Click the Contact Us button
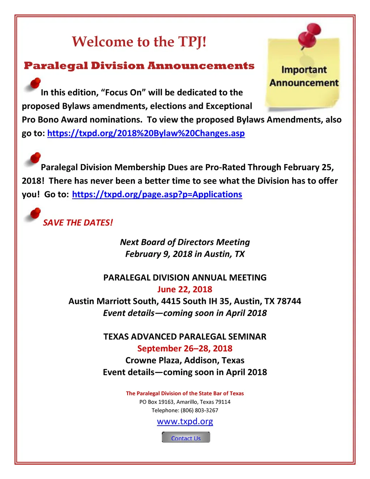pyautogui.click(x=186, y=438)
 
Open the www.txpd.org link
pyautogui.click(x=185, y=422)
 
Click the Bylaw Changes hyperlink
pyautogui.click(x=146, y=133)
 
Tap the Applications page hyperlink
pyautogui.click(x=157, y=194)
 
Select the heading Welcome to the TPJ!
pyautogui.click(x=139, y=42)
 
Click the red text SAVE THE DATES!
pyautogui.click(x=78, y=223)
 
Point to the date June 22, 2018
pyautogui.click(x=185, y=289)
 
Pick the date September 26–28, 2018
pyautogui.click(x=185, y=348)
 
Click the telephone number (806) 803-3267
pyautogui.click(x=199, y=410)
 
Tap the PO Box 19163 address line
pyautogui.click(x=185, y=402)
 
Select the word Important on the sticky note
pyautogui.click(x=304, y=69)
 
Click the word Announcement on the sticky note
pyautogui.click(x=304, y=83)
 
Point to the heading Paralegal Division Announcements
pyautogui.click(x=139, y=66)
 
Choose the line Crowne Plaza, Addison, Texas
pyautogui.click(x=185, y=360)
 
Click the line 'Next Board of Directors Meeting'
pyautogui.click(x=185, y=242)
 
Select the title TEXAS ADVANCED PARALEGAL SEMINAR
pyautogui.click(x=185, y=337)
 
